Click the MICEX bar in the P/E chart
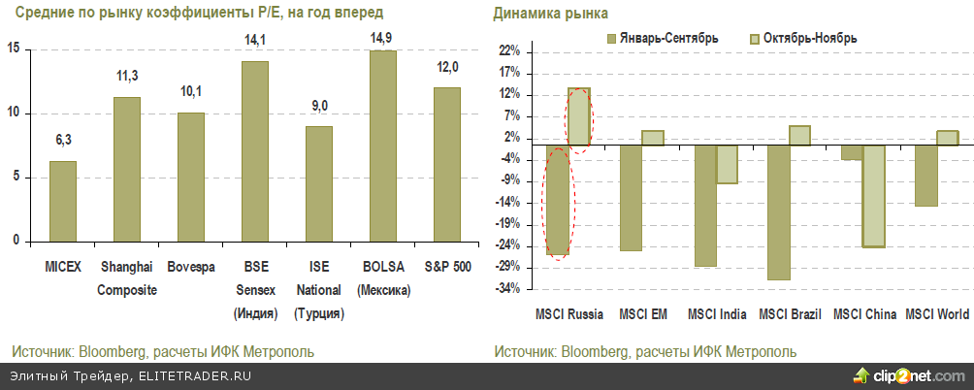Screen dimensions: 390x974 (63, 201)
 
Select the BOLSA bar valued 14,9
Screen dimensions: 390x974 (382, 146)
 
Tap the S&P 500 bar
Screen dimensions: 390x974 (446, 164)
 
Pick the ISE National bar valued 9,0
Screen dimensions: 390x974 (319, 183)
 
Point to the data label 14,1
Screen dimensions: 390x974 (254, 41)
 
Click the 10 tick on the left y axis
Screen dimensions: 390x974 (14, 114)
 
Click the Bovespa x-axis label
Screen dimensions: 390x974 (191, 266)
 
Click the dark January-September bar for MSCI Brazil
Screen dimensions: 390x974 (777, 212)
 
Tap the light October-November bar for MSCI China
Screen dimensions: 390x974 (873, 196)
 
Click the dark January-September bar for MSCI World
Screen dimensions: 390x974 (926, 176)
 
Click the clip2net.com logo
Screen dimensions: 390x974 (911, 375)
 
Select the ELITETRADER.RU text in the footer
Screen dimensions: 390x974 (195, 375)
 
